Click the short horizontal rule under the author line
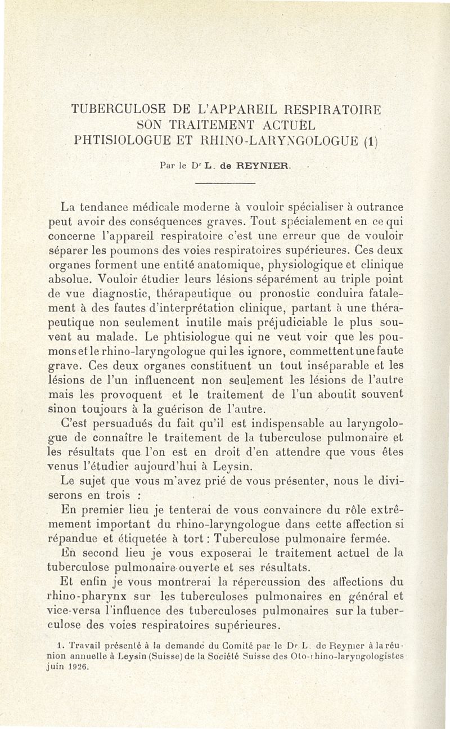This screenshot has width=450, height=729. coord(224,184)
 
